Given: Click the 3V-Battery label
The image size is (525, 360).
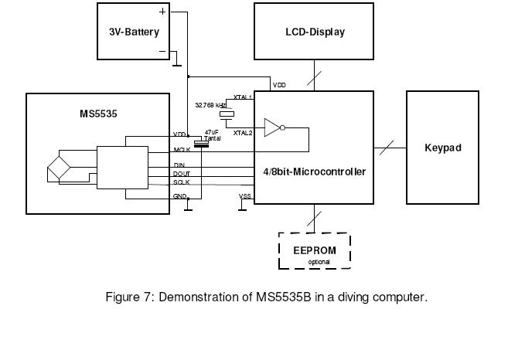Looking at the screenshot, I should [x=134, y=32].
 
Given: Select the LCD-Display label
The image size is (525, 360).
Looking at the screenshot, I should [x=314, y=32].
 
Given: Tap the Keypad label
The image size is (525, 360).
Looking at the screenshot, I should [x=442, y=148].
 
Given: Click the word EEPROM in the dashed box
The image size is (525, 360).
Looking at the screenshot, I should [x=314, y=250].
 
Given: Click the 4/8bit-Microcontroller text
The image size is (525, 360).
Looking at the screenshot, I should [x=314, y=172].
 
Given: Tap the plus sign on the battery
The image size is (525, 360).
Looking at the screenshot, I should [x=162, y=12].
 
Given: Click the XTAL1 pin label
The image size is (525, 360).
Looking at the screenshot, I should [x=244, y=98].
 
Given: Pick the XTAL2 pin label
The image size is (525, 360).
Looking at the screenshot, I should [x=244, y=132].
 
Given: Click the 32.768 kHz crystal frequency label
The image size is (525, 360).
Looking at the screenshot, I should [x=210, y=104].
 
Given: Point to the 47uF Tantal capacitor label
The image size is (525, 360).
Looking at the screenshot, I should [x=213, y=135].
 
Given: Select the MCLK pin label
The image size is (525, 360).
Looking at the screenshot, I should [x=182, y=149].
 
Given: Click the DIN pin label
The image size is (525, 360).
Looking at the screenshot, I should [x=179, y=165].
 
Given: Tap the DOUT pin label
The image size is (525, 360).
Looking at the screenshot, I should [x=182, y=174].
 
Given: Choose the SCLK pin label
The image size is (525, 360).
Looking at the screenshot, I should [x=182, y=182].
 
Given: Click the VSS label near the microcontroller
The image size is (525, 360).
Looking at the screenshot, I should [x=245, y=196].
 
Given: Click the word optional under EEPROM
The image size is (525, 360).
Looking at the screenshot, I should [x=314, y=262].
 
